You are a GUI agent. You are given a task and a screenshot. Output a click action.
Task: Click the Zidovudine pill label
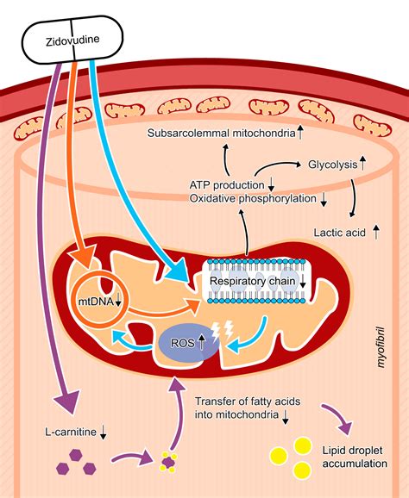tap(72, 40)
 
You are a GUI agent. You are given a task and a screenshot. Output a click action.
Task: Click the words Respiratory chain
tap(253, 281)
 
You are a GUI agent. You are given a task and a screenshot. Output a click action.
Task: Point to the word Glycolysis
tap(333, 165)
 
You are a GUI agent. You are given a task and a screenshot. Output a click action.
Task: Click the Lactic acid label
tap(340, 233)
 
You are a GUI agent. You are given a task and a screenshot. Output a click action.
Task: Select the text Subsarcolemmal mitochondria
tap(222, 133)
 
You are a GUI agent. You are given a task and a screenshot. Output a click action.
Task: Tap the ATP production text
tap(227, 185)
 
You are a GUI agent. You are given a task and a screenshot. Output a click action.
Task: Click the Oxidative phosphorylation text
tap(253, 198)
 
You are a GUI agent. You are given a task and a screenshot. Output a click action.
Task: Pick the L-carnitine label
tap(71, 432)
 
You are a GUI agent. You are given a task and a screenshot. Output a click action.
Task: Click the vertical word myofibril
tap(381, 347)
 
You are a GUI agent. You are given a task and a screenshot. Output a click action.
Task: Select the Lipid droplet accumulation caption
tap(355, 457)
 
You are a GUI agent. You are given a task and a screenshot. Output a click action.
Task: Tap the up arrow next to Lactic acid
tap(376, 232)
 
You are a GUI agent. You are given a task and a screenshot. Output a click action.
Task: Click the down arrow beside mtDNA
tap(118, 301)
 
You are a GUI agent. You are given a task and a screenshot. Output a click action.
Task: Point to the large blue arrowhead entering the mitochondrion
tap(176, 270)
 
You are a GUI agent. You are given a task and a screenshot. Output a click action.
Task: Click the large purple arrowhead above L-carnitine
tap(66, 401)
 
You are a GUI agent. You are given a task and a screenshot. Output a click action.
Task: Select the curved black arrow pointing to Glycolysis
tap(274, 165)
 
